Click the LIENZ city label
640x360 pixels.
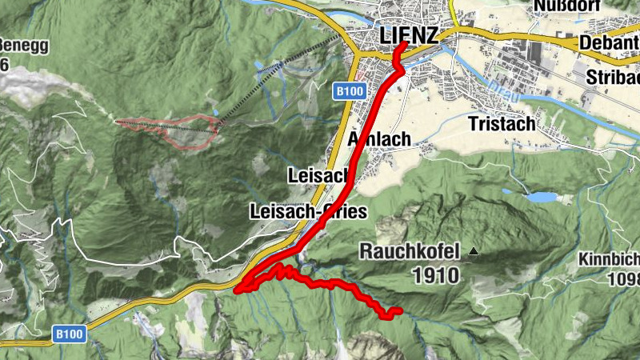click(x=409, y=36)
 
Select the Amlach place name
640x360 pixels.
click(x=381, y=139)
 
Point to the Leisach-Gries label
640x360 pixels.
click(x=308, y=212)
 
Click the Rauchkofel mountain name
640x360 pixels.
click(x=410, y=252)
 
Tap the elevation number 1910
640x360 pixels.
click(x=436, y=276)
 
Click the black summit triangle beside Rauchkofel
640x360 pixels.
click(x=474, y=251)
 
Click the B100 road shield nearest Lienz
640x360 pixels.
click(x=350, y=91)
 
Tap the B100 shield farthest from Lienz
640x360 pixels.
click(x=70, y=331)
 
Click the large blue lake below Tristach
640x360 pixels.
click(x=540, y=196)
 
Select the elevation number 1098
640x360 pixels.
click(x=624, y=279)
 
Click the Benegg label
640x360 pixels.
click(x=24, y=45)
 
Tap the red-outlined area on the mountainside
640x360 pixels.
click(x=180, y=130)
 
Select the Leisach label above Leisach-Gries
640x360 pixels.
click(x=318, y=175)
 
